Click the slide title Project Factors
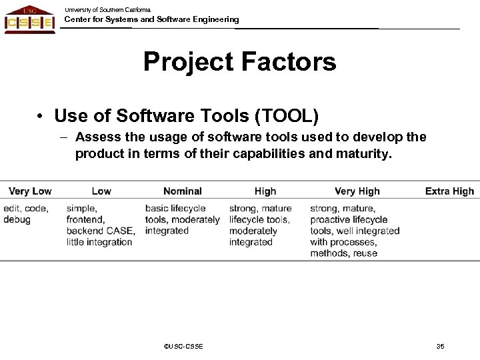(239, 63)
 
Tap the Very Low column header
(31, 191)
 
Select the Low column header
(101, 191)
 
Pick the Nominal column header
(183, 191)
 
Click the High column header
(265, 191)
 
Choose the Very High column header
(357, 191)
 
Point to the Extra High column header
(449, 191)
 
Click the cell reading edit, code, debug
(25, 214)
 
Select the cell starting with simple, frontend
(101, 225)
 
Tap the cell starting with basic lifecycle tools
(182, 220)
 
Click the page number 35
(440, 346)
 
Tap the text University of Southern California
(107, 9)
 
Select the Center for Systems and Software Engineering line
(151, 20)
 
